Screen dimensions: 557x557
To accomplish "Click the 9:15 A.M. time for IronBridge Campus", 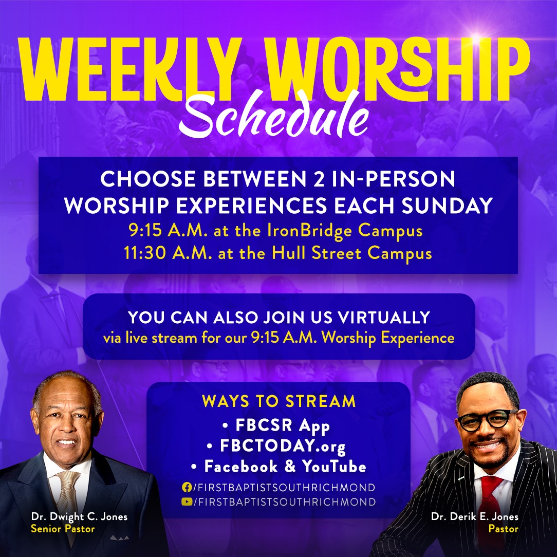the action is [x=168, y=231].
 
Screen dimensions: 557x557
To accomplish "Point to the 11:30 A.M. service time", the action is [x=168, y=253].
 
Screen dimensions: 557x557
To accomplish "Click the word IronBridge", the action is [x=309, y=231].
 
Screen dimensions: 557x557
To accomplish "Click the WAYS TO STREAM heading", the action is [x=279, y=401].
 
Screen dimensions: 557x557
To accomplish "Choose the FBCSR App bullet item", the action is [x=276, y=425].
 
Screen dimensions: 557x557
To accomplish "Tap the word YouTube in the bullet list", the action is [x=334, y=467].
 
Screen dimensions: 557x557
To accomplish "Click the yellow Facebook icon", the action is [x=187, y=487].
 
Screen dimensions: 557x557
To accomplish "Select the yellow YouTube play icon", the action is [x=187, y=502].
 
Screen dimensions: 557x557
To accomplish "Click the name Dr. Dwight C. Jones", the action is [x=79, y=516].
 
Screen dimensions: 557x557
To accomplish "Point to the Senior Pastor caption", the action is [x=63, y=529].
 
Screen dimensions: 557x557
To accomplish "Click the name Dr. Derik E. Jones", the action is [x=475, y=516].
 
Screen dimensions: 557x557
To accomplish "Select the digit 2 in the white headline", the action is [x=319, y=179].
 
